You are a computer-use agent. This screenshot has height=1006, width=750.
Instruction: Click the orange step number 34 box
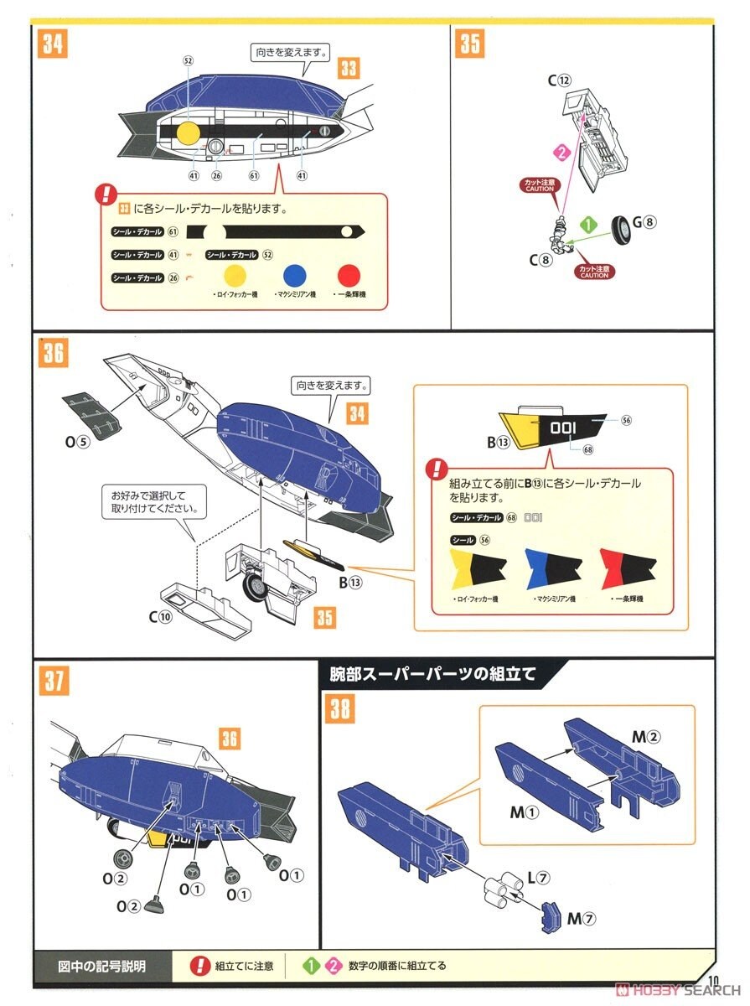point(52,43)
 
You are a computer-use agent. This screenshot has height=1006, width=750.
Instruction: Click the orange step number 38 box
point(341,708)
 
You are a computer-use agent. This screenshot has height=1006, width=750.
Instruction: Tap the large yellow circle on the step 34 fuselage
point(189,132)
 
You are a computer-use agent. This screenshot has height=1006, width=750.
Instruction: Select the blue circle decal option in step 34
point(294,275)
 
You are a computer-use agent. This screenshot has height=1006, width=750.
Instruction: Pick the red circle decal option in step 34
point(349,275)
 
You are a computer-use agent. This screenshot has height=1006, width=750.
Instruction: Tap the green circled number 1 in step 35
point(589,225)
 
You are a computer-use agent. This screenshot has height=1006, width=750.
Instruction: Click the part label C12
point(559,80)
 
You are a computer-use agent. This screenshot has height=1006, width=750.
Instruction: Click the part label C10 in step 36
point(160,617)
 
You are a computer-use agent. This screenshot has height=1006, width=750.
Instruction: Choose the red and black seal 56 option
point(626,568)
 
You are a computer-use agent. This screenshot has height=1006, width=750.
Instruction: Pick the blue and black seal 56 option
point(551,568)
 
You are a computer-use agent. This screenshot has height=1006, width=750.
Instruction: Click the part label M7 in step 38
point(581,919)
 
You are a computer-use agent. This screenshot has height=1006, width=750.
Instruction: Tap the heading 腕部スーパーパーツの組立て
point(433,672)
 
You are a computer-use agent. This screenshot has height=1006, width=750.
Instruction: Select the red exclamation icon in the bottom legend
point(200,966)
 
